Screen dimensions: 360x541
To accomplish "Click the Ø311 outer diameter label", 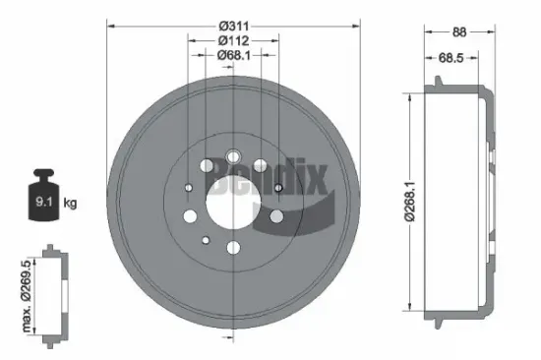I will click(x=233, y=24).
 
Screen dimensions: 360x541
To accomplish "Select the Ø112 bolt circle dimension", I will click(x=233, y=40).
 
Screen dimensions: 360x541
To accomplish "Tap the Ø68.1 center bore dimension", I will click(x=233, y=56).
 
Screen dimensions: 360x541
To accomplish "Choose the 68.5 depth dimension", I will click(x=451, y=59).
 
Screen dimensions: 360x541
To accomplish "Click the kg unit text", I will click(x=69, y=205).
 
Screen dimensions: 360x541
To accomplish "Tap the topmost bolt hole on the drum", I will click(x=233, y=156).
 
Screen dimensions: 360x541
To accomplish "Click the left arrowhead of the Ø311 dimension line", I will click(x=110, y=24).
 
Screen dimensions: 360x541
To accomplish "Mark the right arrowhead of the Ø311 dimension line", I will click(x=357, y=24).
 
